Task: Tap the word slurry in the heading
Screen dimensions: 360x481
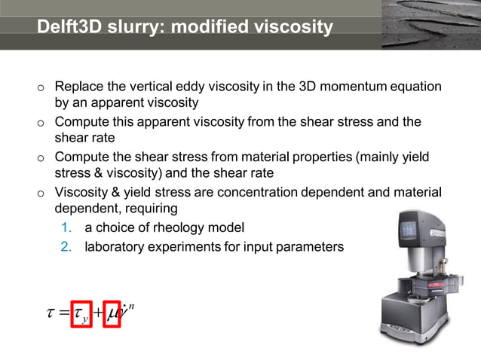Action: click(134, 28)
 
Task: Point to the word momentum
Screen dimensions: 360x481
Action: click(354, 87)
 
